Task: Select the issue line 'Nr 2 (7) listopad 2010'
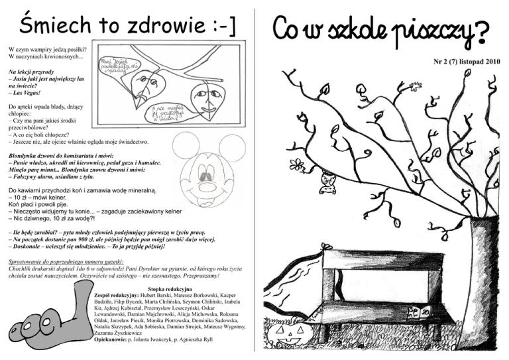(x=463, y=61)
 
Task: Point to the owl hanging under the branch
(x=326, y=182)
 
